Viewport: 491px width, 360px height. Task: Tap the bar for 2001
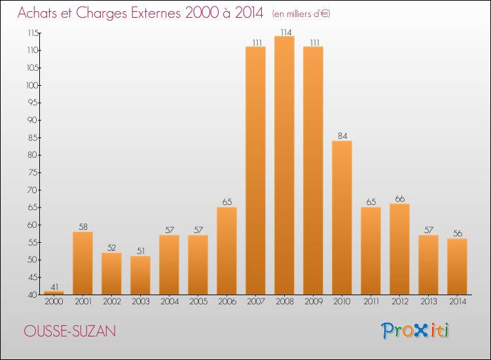[x=82, y=263]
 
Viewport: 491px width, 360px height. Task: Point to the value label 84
[x=342, y=136]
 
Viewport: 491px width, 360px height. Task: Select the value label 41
[x=54, y=286]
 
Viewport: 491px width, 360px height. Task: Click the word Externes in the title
[x=151, y=12]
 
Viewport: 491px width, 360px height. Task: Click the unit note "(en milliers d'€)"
[x=302, y=14]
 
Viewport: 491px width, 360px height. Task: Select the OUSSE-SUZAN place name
[x=70, y=331]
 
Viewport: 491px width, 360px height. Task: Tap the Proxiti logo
[x=415, y=331]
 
